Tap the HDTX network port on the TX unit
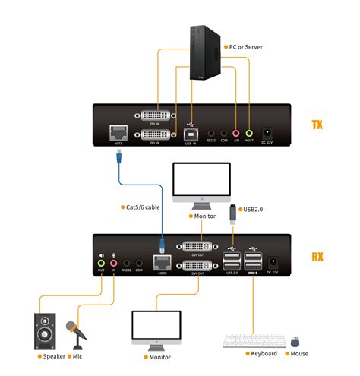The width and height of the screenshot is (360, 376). pos(118,131)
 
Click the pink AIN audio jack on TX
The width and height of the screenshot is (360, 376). pos(236,132)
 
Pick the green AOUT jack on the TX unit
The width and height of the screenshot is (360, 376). pos(248,132)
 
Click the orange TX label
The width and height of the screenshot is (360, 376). pos(317,124)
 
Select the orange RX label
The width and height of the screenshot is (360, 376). pos(317,256)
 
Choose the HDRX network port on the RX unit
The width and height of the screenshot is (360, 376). pos(162,262)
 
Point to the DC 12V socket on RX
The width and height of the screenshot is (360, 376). pos(274,263)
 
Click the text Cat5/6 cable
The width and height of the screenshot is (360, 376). pos(141,207)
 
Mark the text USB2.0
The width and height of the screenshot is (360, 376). pos(254,209)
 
